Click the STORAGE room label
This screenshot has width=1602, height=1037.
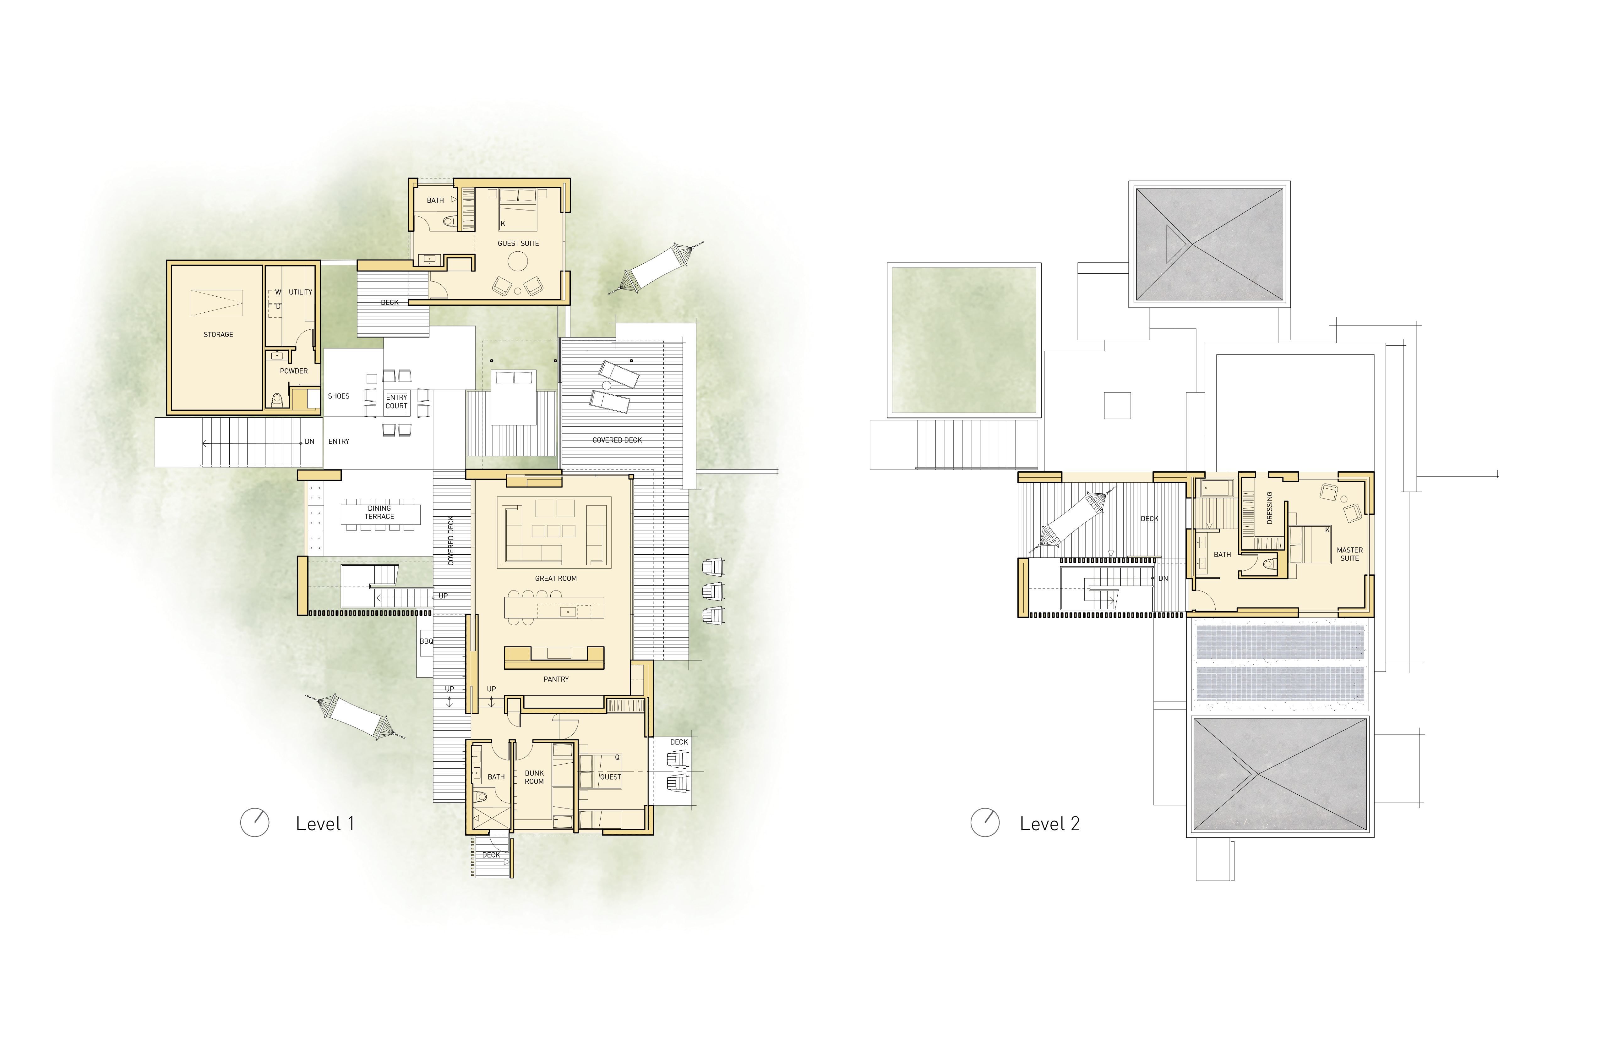pos(218,335)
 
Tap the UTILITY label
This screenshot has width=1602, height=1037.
pos(300,292)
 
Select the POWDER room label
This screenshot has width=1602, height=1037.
pos(293,371)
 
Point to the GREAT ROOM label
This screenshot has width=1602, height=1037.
pos(555,579)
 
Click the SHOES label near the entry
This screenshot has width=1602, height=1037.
pos(339,397)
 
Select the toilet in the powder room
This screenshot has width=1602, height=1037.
pos(277,401)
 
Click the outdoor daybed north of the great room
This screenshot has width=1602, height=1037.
pos(514,397)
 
